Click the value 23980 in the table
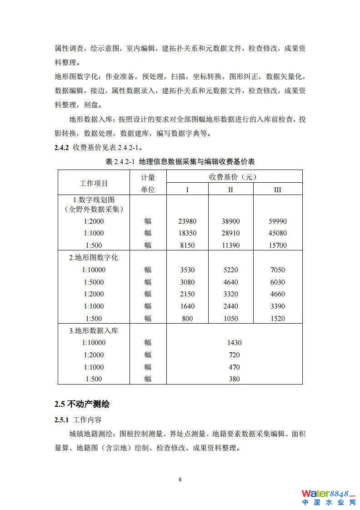click(187, 221)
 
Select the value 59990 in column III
click(277, 221)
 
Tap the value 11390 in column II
click(230, 245)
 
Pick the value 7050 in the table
click(277, 270)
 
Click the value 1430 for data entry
click(234, 343)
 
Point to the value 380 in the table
click(234, 379)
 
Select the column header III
click(277, 190)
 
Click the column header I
click(187, 190)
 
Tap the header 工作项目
click(94, 183)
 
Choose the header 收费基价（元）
click(234, 177)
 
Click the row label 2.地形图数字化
click(94, 258)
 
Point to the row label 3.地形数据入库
click(94, 330)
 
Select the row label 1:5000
click(94, 282)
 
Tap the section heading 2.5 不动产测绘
click(82, 404)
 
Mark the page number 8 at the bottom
click(180, 480)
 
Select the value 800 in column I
click(187, 319)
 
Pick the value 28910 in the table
click(230, 233)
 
